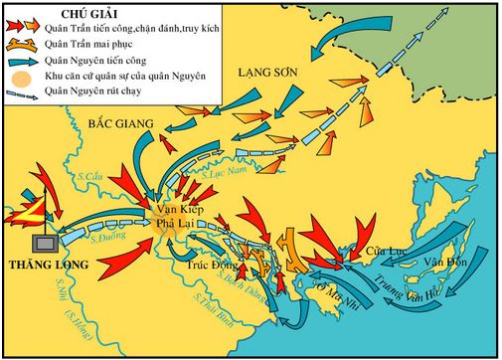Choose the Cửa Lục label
click(x=381, y=254)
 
